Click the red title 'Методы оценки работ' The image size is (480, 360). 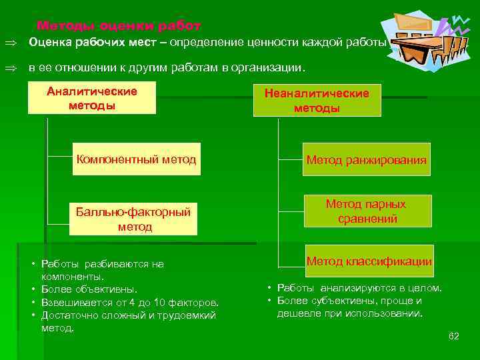click(119, 25)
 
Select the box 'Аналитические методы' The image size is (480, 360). click(91, 98)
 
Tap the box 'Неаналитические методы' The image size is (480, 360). click(316, 101)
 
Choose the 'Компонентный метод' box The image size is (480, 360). click(136, 160)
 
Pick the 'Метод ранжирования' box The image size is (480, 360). click(366, 160)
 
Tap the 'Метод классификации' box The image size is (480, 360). click(369, 262)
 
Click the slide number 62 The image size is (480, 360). click(454, 335)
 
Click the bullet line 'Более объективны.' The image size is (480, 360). click(89, 289)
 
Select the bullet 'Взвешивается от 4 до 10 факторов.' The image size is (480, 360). click(130, 302)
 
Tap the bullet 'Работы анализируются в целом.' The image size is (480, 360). click(359, 288)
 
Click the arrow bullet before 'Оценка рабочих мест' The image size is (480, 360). click(11, 44)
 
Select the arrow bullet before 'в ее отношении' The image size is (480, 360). click(11, 68)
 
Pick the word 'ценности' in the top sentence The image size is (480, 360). click(269, 44)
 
